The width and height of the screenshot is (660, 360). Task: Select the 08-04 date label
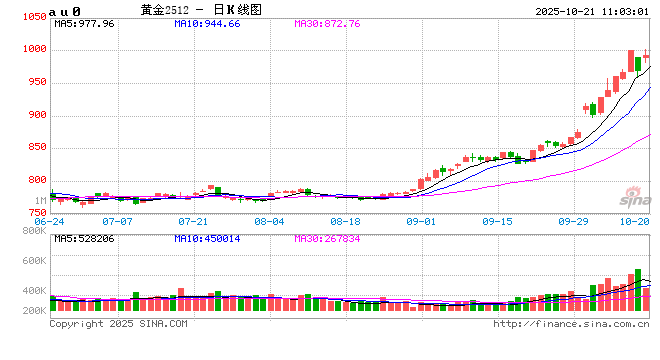tap(269, 221)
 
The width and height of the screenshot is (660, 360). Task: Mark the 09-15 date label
tap(497, 221)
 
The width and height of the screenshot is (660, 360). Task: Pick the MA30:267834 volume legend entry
tap(327, 239)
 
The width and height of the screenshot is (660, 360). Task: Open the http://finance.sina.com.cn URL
tap(571, 323)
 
